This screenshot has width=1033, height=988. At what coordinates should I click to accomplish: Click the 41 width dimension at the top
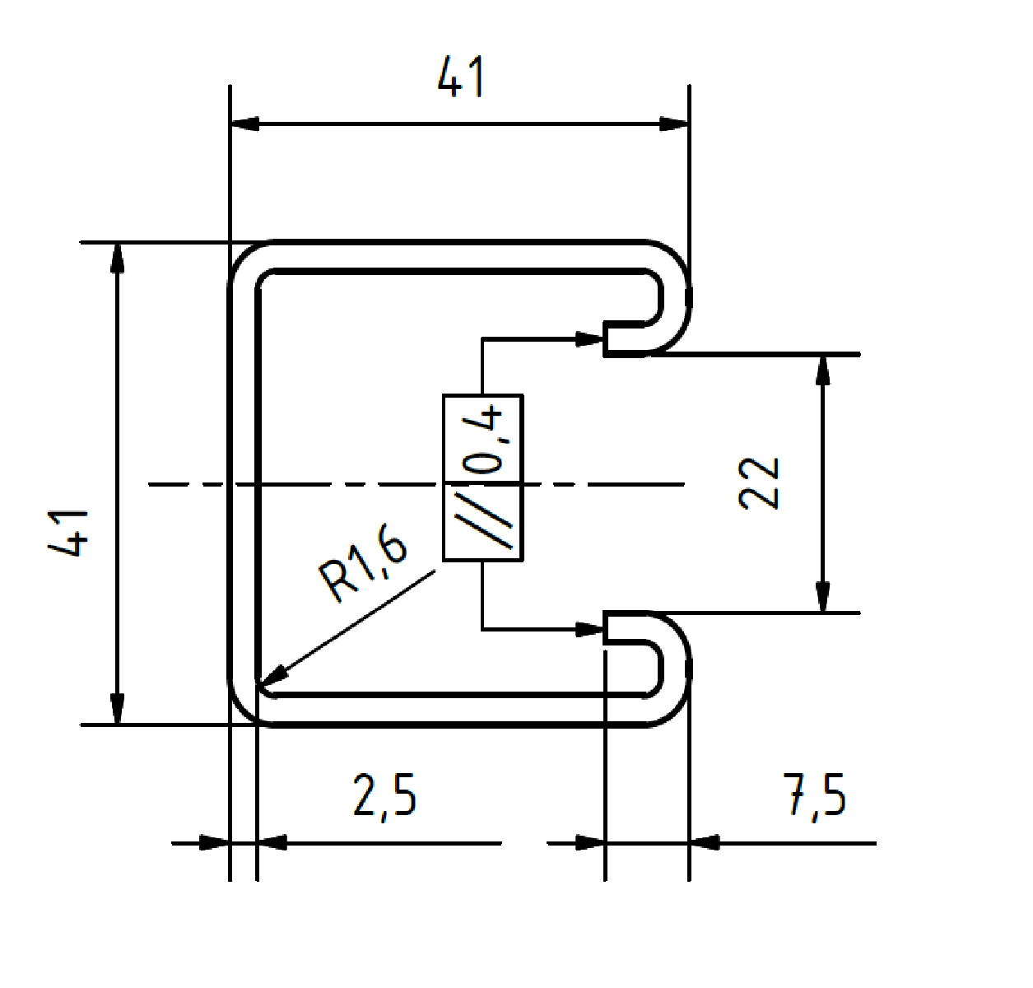point(461,77)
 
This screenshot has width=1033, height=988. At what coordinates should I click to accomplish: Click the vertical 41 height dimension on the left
point(68,533)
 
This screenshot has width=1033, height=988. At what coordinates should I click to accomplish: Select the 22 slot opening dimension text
point(759,483)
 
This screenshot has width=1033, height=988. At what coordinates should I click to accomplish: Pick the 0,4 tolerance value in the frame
point(482,440)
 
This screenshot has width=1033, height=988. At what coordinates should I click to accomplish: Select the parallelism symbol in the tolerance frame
point(483,521)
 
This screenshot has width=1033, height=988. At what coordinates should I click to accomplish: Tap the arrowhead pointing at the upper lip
point(590,338)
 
